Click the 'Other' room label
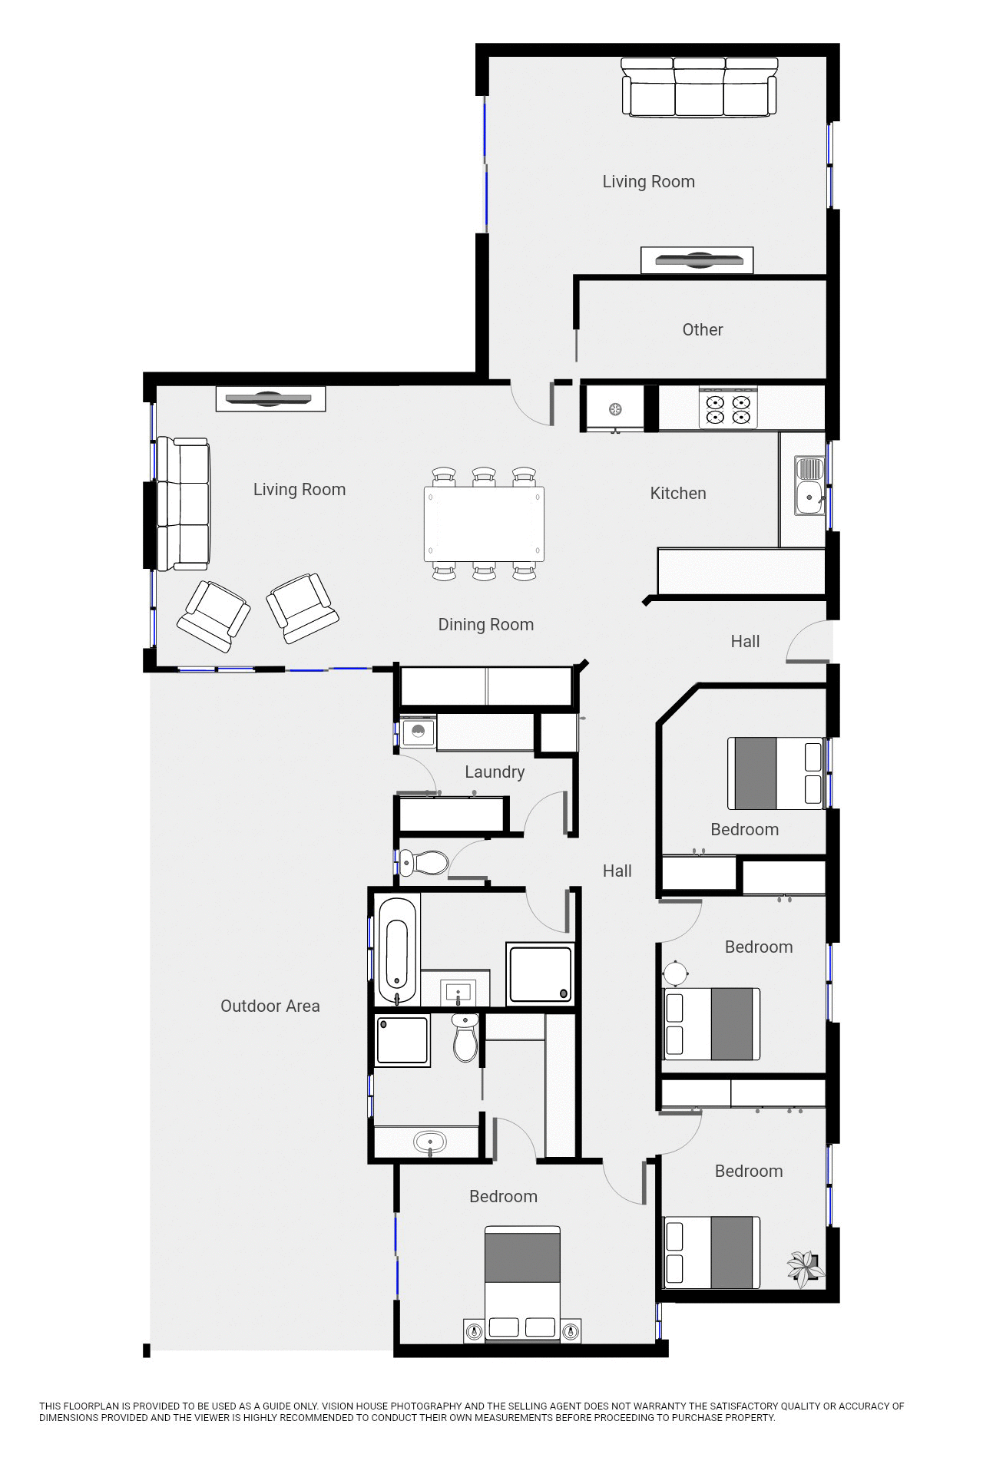pos(702,329)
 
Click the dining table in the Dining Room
pos(484,524)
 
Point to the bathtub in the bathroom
pos(398,950)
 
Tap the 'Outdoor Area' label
pos(270,1006)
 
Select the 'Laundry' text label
pos(495,772)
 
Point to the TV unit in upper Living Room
pos(697,260)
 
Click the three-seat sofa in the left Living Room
pos(183,504)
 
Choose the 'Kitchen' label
pos(677,494)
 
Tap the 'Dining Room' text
pos(485,625)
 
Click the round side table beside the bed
pos(677,973)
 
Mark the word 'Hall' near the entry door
pos(744,642)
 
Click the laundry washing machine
pos(418,732)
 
